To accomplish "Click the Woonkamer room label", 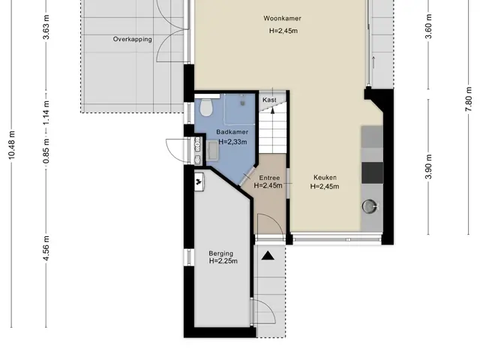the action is tap(282, 18).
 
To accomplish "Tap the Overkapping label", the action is tap(133, 39).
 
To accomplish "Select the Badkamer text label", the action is tap(232, 132).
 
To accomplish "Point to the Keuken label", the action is tap(325, 178).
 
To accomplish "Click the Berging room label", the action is tap(221, 253).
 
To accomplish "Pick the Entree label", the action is tap(269, 178).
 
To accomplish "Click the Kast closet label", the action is tap(269, 100).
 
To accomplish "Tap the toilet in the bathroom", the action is tap(206, 107).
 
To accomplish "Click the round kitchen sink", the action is tap(370, 206).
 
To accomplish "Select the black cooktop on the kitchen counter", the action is tap(372, 173).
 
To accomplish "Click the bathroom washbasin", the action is tap(212, 150).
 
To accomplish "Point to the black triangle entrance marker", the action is tap(268, 256).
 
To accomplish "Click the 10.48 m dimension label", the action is tap(11, 145).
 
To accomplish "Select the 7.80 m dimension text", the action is tap(468, 100).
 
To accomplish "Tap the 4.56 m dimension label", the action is tap(46, 248).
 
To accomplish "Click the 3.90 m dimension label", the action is tap(428, 166).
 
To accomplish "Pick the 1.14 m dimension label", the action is tap(46, 112).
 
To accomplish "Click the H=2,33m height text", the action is tap(232, 142).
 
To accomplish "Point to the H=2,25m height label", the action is tap(223, 261).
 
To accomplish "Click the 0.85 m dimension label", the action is tap(46, 151).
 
